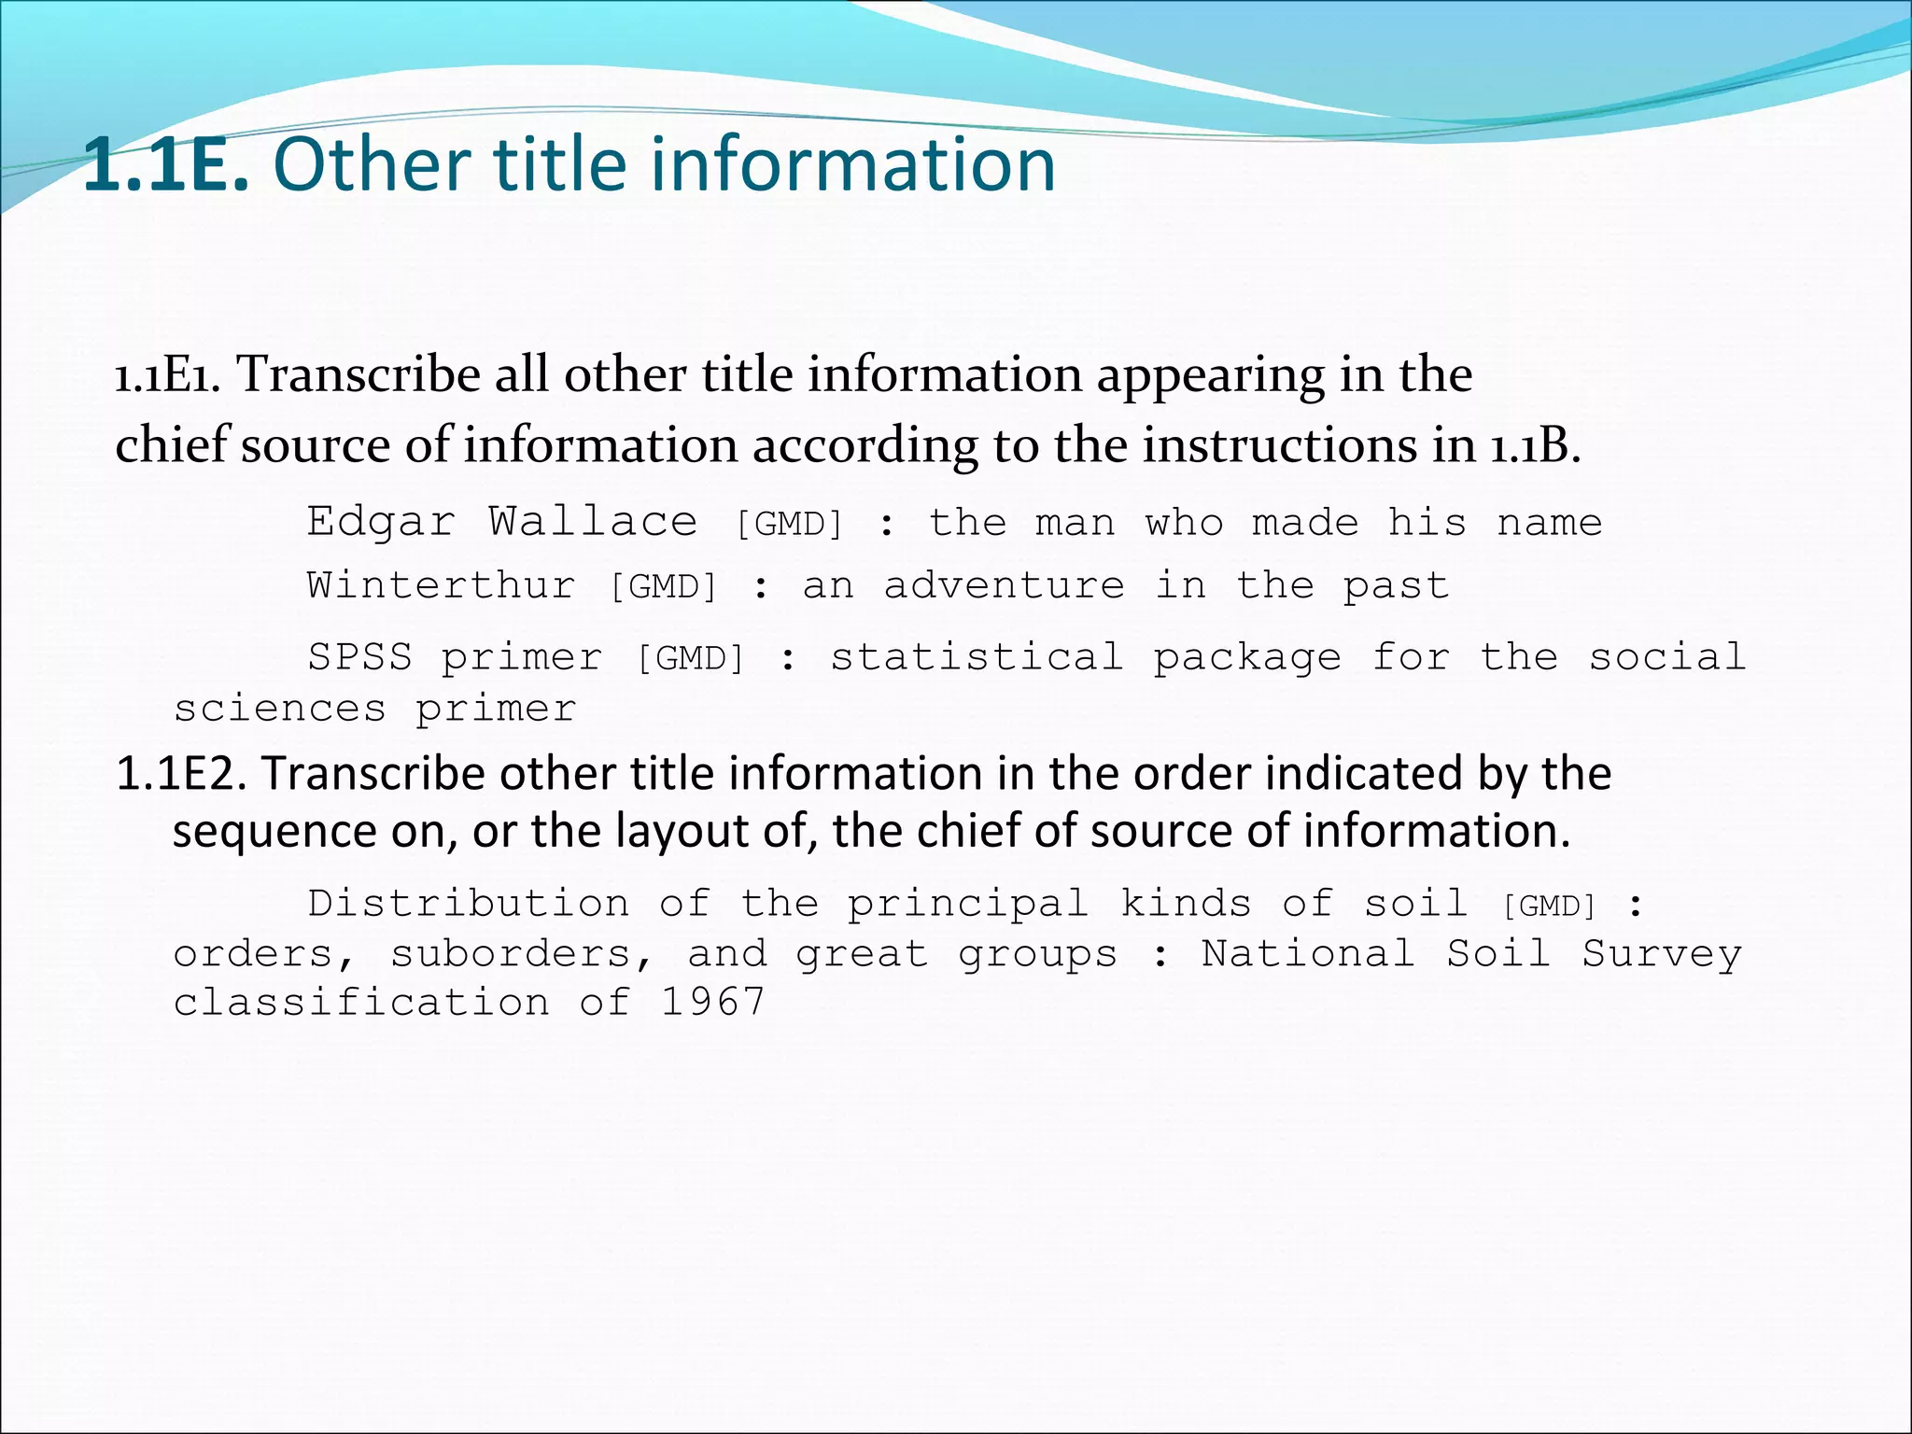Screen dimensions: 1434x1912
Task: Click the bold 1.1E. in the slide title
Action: coord(166,164)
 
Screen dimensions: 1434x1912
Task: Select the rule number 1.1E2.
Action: coord(181,774)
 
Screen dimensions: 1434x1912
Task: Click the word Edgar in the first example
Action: coord(381,521)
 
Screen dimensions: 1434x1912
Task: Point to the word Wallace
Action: coord(593,521)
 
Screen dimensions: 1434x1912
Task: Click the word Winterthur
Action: coord(441,586)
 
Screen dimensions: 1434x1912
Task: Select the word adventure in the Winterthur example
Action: coord(1004,586)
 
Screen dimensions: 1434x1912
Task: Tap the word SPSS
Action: coord(360,657)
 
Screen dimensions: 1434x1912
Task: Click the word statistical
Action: coord(977,657)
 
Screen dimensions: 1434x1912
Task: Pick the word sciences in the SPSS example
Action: coord(279,709)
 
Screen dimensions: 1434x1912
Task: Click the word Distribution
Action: coord(469,904)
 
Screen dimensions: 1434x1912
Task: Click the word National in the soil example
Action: coord(1307,954)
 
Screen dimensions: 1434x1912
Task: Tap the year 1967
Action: coord(713,1003)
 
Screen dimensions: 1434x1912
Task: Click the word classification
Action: coord(361,1003)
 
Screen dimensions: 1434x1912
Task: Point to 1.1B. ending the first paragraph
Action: coord(1534,445)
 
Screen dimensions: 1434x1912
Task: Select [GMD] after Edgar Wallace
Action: coord(790,524)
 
